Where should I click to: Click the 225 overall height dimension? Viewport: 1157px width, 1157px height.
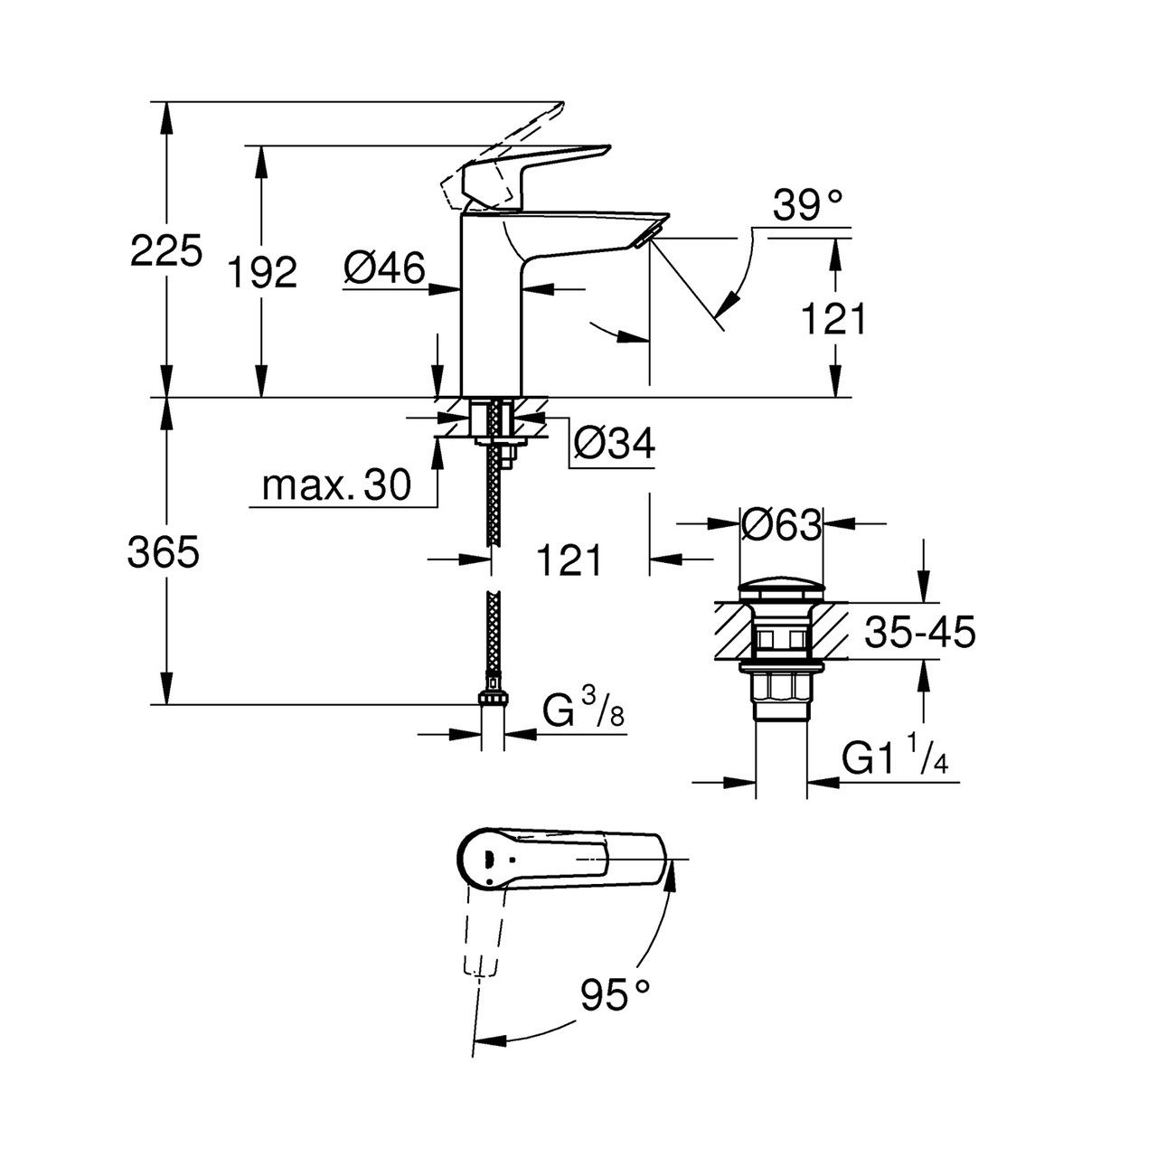click(165, 250)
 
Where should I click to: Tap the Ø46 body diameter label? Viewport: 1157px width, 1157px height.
click(385, 268)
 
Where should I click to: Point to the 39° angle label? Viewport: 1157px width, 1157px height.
click(807, 205)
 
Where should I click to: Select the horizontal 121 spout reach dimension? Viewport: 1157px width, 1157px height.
click(569, 560)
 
